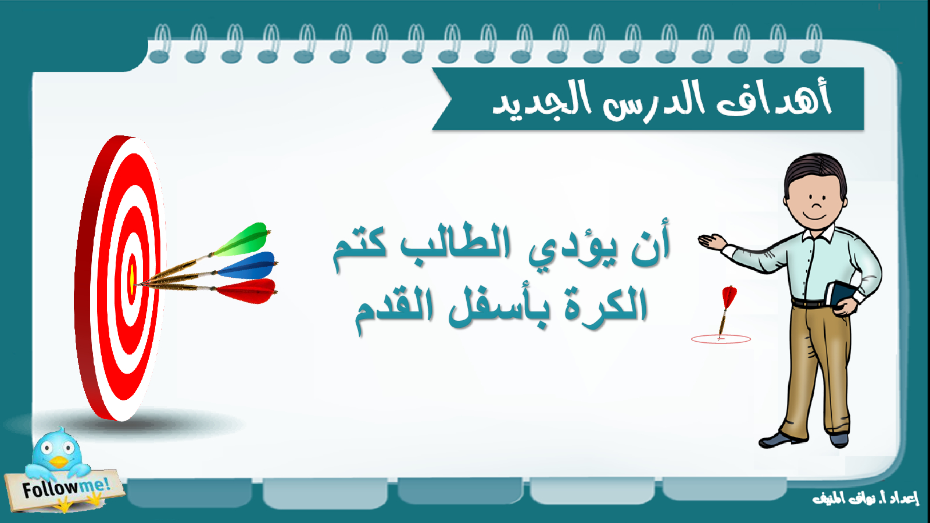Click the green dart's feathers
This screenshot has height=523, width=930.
[243, 240]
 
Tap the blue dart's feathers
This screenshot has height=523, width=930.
[248, 266]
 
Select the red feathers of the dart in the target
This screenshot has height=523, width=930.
[248, 291]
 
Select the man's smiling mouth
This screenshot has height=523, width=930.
[814, 217]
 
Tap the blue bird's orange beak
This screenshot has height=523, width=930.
[59, 462]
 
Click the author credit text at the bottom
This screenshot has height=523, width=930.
[865, 499]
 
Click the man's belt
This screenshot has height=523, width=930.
[810, 303]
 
